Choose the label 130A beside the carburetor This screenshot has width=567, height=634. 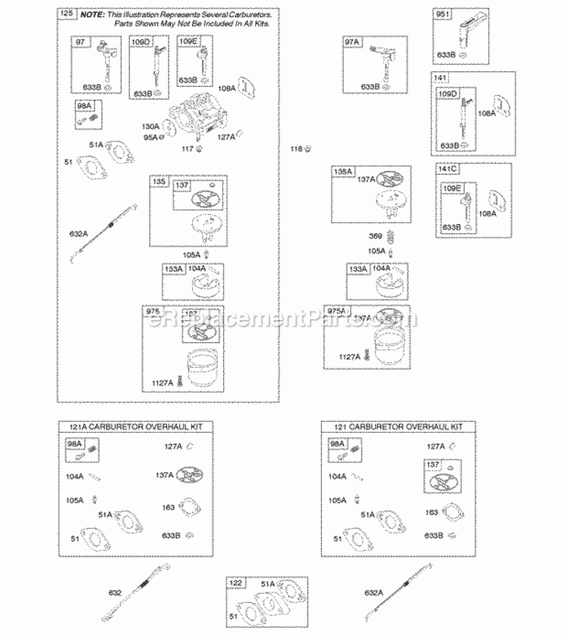150,126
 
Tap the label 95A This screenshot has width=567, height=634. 151,137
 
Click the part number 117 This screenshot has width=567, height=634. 187,148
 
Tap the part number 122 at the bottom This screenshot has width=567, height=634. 237,583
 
